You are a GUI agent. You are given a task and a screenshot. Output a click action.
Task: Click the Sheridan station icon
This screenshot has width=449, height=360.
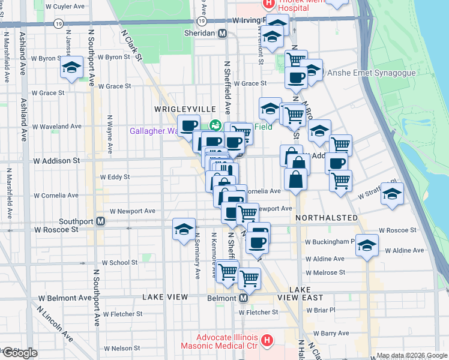tap(222, 34)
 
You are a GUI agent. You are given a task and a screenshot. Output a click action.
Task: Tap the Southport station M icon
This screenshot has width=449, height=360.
tap(101, 221)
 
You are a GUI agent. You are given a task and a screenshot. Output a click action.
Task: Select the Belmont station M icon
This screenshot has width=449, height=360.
tap(243, 298)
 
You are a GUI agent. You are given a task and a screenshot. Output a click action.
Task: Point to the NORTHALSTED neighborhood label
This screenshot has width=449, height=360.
tap(326, 218)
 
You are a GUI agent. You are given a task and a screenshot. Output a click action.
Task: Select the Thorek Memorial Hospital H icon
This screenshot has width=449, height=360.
tap(269, 3)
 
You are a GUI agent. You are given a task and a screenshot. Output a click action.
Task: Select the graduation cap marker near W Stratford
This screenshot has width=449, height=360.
tap(392, 194)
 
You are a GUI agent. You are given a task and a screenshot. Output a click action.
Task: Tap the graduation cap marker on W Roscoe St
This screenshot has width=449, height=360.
tap(184, 229)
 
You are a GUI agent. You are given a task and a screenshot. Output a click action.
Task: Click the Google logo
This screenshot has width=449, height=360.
tap(19, 353)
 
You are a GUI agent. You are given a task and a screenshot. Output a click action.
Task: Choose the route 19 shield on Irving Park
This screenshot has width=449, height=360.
tap(58, 23)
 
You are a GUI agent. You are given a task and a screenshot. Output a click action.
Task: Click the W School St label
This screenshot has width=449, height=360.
tap(119, 263)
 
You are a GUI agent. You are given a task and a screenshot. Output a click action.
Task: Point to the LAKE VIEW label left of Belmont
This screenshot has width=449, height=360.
tap(166, 297)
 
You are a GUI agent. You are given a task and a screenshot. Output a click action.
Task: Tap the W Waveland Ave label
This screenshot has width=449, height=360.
tap(57, 127)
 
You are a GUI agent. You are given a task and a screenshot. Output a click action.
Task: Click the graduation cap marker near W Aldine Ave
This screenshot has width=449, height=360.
tap(367, 245)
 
